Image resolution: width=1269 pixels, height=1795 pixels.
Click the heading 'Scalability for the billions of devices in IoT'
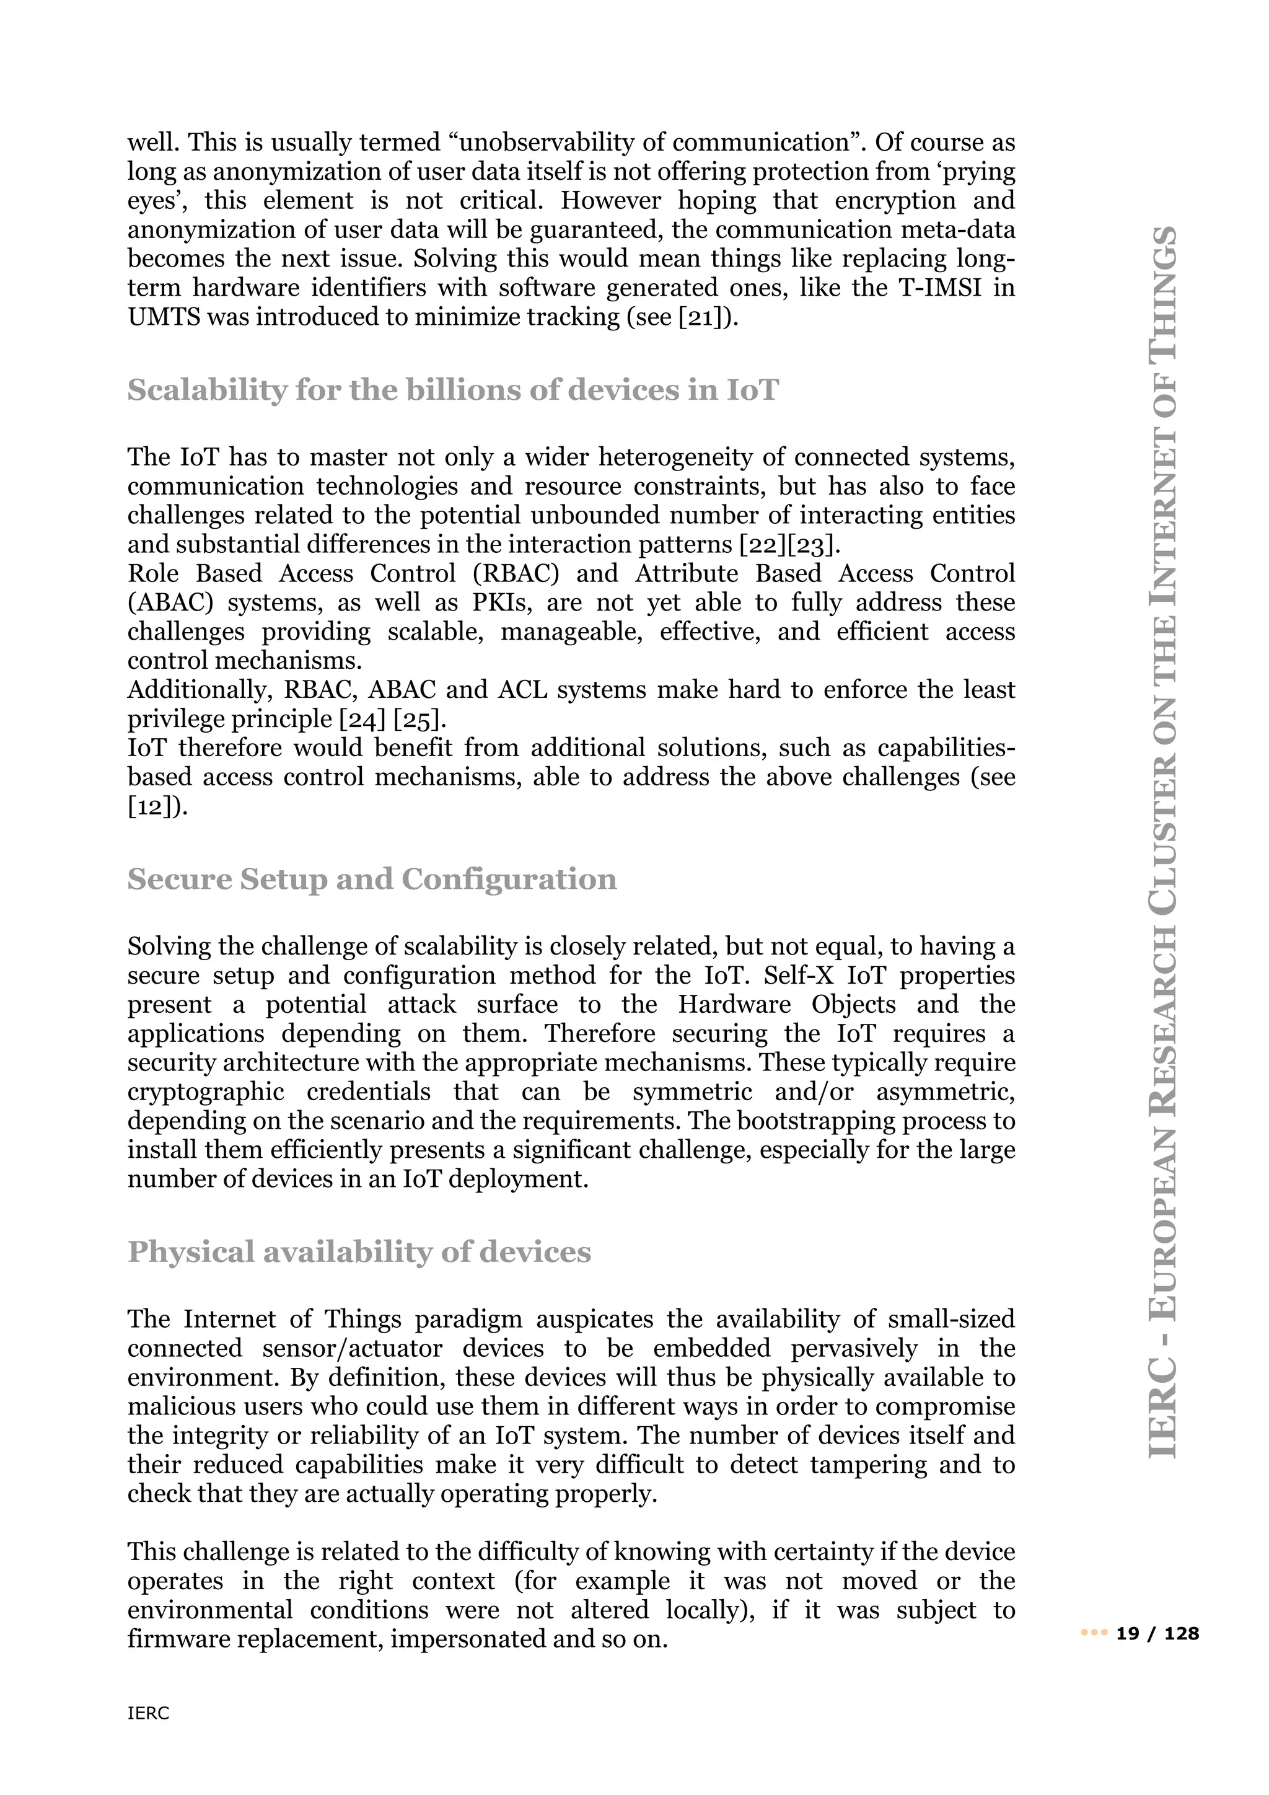[x=452, y=390]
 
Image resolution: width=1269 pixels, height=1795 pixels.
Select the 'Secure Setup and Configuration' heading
[x=372, y=880]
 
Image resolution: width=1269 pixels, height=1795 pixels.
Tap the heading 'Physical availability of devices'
[x=359, y=1253]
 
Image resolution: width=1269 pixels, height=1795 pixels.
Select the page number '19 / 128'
[x=1158, y=1633]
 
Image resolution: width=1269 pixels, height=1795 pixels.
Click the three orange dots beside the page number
[x=1094, y=1633]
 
